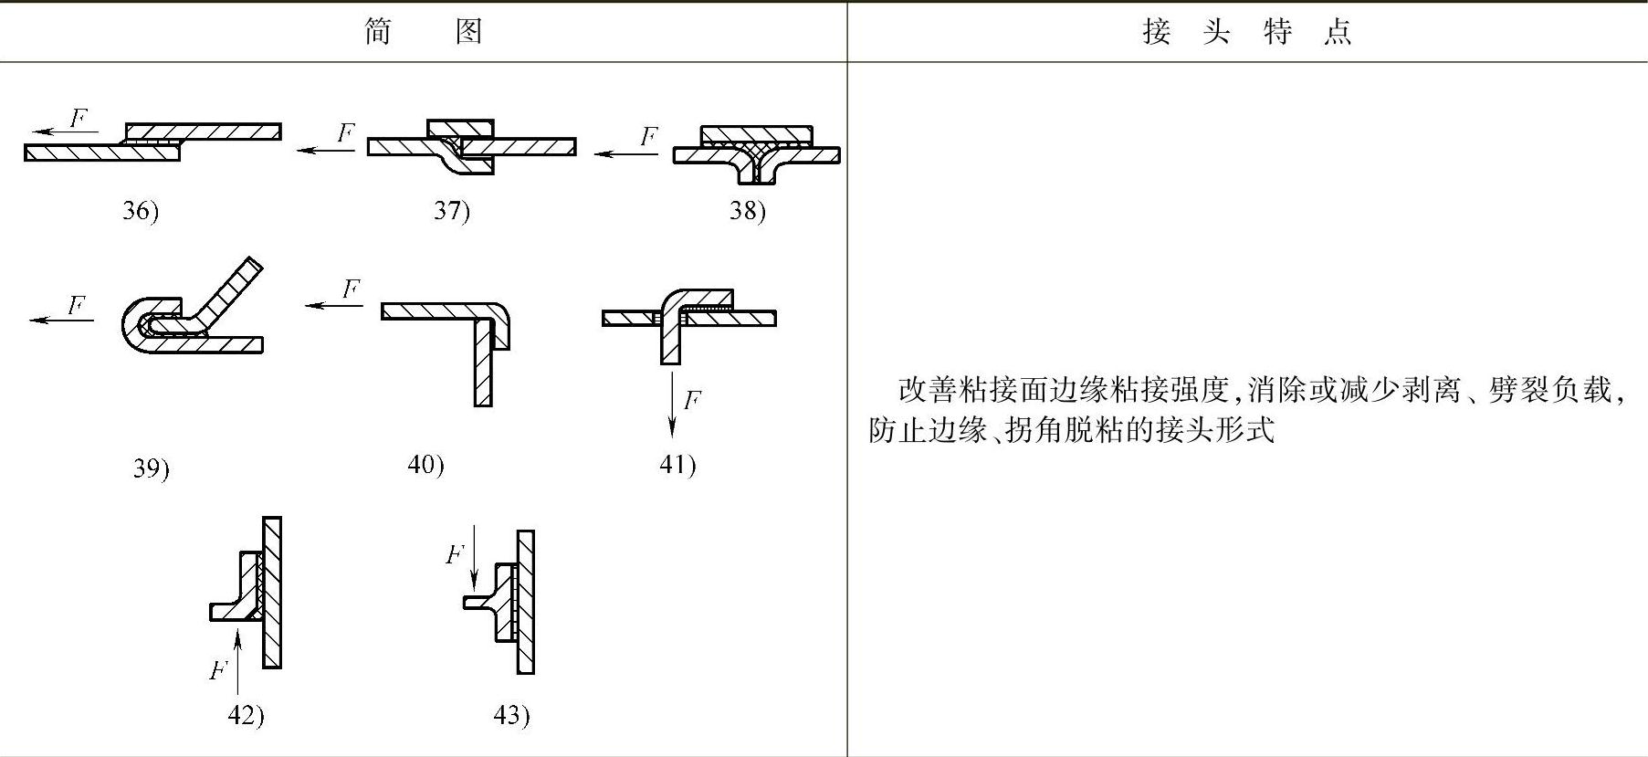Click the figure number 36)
point(141,211)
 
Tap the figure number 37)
point(451,211)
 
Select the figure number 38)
point(747,211)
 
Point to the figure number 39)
point(152,468)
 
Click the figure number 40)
point(425,465)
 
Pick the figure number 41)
point(677,465)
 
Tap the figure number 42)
point(246,715)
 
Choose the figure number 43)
point(511,715)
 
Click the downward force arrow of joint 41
point(672,402)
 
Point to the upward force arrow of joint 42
point(237,661)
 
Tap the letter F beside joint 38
point(648,137)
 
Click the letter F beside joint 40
point(351,289)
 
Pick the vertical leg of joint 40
point(483,365)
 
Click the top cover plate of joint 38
point(756,135)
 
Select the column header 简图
point(423,32)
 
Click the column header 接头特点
point(1246,32)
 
